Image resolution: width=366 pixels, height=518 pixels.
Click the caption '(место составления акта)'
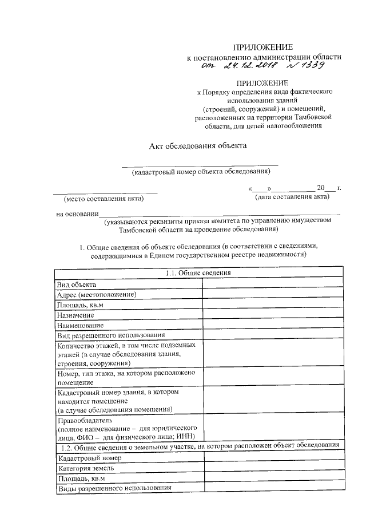pyautogui.click(x=104, y=199)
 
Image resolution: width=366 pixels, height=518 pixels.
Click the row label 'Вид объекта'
pyautogui.click(x=77, y=284)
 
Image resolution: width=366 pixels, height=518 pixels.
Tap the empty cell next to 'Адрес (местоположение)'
pyautogui.click(x=273, y=294)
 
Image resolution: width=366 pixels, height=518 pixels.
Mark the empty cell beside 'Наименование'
pyautogui.click(x=273, y=325)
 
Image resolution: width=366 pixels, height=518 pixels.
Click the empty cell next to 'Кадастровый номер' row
pyautogui.click(x=273, y=458)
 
